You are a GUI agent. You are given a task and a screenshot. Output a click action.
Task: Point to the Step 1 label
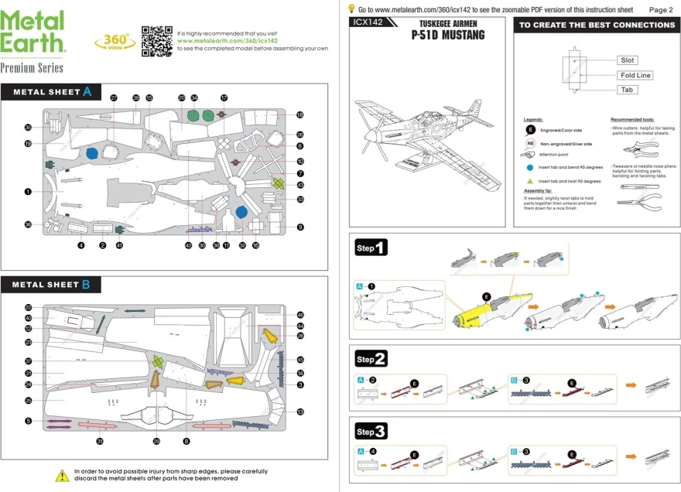371,248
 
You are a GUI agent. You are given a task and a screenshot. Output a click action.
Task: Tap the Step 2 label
371,360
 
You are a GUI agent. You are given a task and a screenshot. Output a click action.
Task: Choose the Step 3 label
371,431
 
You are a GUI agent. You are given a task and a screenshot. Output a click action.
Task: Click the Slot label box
628,60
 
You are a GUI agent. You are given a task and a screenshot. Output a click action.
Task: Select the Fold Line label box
635,75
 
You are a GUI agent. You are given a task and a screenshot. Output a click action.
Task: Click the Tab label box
627,90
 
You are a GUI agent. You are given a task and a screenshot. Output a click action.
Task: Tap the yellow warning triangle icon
62,475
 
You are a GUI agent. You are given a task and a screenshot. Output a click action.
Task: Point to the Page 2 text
660,10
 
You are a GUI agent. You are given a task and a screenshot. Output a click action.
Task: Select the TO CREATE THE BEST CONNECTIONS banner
597,25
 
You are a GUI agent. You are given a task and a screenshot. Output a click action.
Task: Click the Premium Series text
32,68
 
